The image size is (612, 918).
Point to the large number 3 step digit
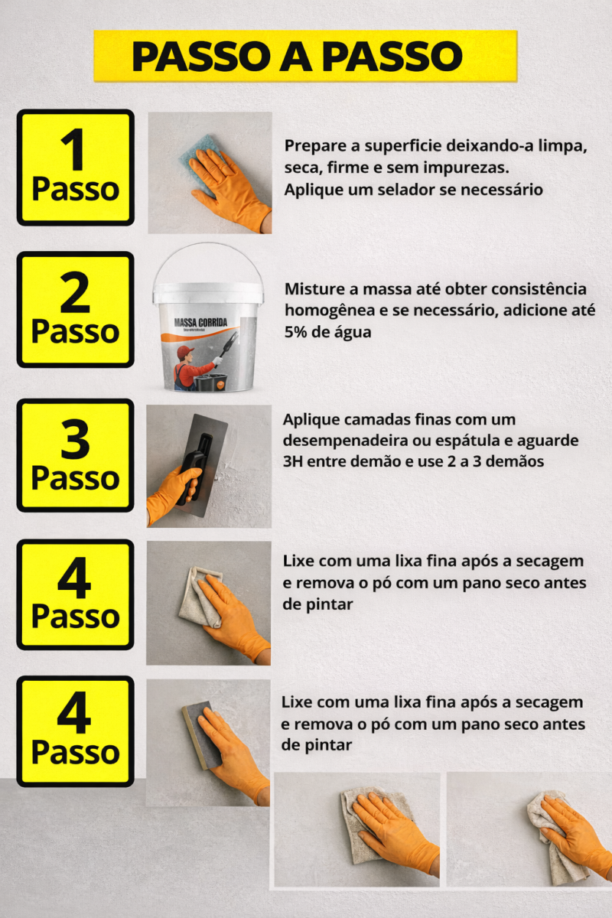pos(75,439)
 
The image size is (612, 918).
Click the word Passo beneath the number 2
pos(76,331)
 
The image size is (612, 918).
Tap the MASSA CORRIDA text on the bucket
pos(200,322)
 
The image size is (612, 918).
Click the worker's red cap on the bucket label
pos(185,351)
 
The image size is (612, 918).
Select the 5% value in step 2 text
pos(295,331)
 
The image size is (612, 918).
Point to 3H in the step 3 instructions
pos(293,461)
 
